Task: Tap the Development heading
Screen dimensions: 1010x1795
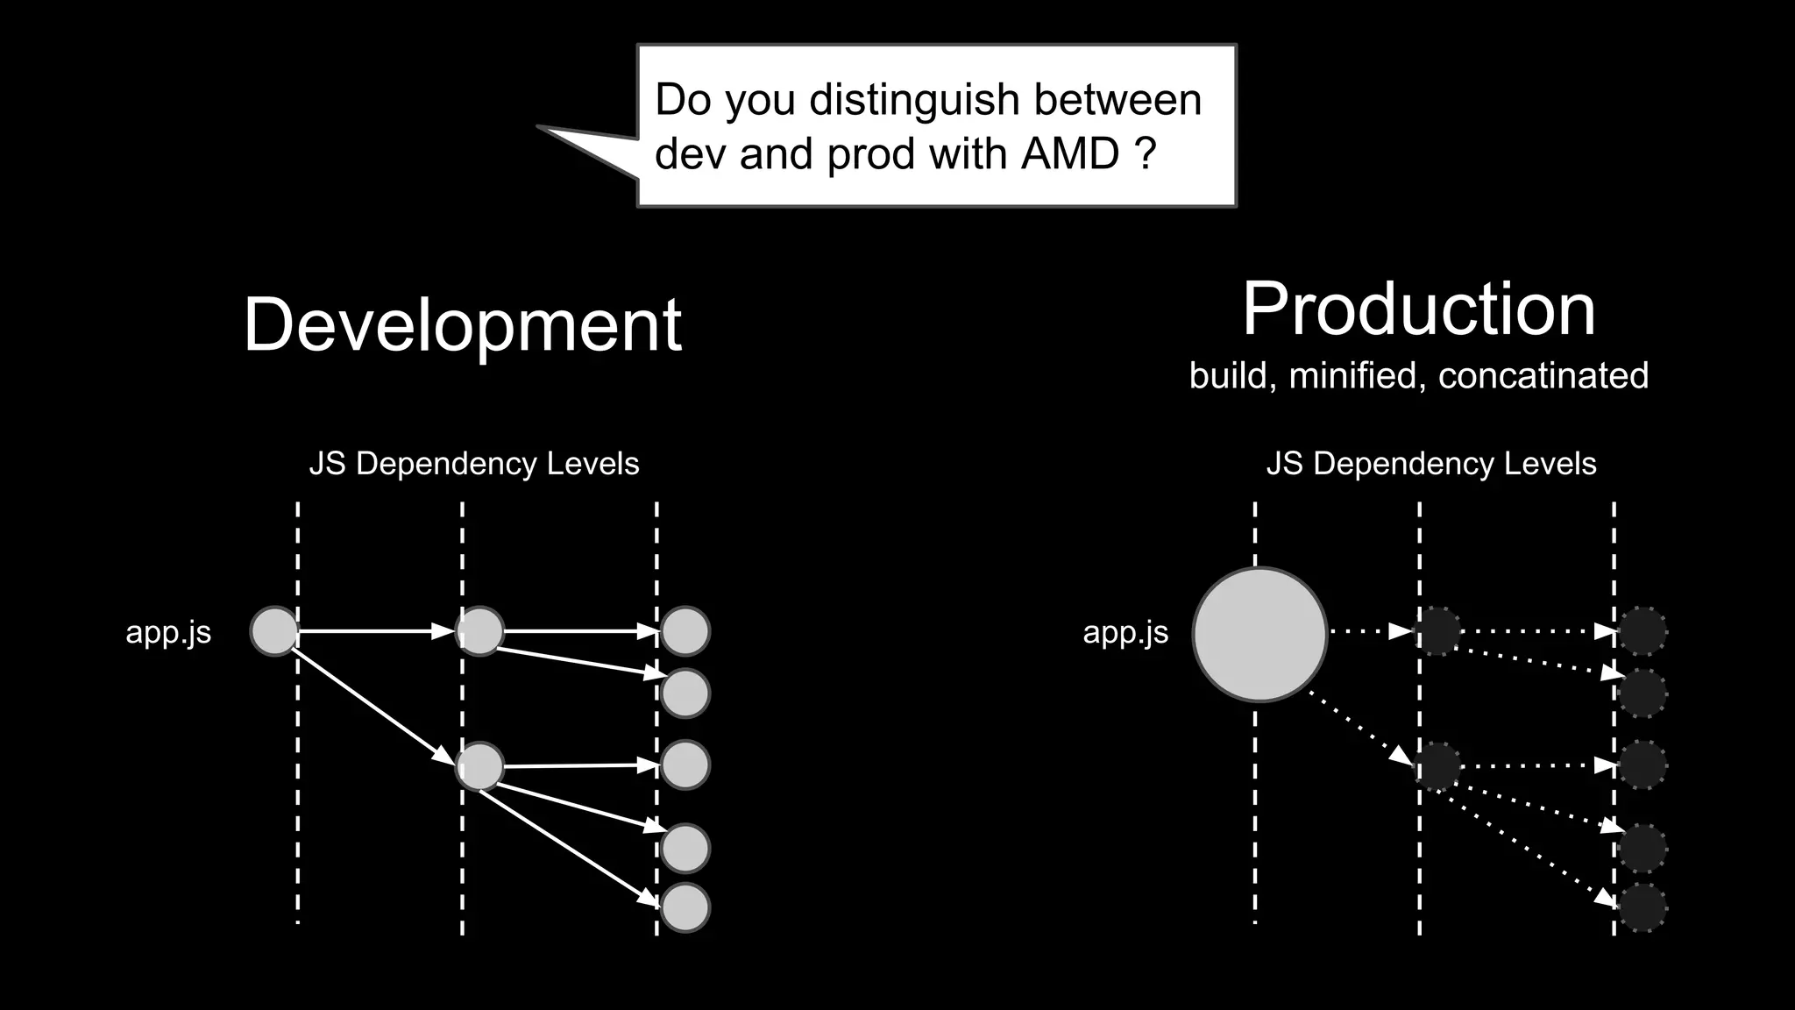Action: [x=462, y=324]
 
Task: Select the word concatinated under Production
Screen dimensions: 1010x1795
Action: [x=1543, y=376]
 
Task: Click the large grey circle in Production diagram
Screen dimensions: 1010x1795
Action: [x=1259, y=634]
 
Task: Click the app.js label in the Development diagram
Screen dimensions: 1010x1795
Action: [x=168, y=632]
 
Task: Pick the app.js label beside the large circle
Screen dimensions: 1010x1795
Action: [x=1125, y=632]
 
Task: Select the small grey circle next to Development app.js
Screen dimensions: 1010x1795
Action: [x=274, y=631]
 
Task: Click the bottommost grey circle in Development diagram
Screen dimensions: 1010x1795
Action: [x=685, y=907]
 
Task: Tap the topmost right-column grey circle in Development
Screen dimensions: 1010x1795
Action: [x=685, y=631]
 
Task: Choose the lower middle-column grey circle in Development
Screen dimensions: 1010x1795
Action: [x=480, y=766]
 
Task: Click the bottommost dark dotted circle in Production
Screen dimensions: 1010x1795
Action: [x=1642, y=907]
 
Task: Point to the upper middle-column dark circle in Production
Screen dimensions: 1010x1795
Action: [x=1437, y=631]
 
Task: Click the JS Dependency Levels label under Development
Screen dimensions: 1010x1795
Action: [x=474, y=464]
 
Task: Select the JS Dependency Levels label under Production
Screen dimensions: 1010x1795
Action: [x=1431, y=464]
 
